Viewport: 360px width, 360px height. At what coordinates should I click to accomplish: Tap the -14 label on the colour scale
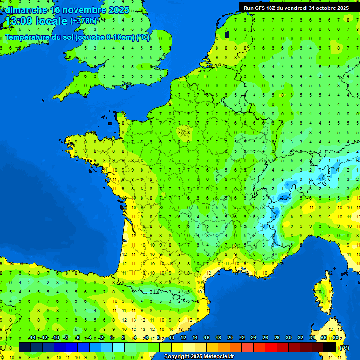[x=32, y=337]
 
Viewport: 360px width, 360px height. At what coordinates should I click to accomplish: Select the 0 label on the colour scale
[x=112, y=337]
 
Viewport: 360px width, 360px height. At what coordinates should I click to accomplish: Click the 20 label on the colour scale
[x=230, y=337]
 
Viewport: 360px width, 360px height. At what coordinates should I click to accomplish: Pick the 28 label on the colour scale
[x=277, y=337]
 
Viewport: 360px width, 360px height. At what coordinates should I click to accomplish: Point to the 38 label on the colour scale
[x=336, y=337]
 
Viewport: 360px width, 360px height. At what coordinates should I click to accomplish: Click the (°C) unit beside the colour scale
[x=345, y=348]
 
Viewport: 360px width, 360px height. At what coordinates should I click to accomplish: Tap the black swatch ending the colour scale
[x=330, y=347]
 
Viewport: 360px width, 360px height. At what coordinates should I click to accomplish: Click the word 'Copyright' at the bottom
[x=177, y=357]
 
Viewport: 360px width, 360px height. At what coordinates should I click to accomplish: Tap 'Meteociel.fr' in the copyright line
[x=219, y=357]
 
